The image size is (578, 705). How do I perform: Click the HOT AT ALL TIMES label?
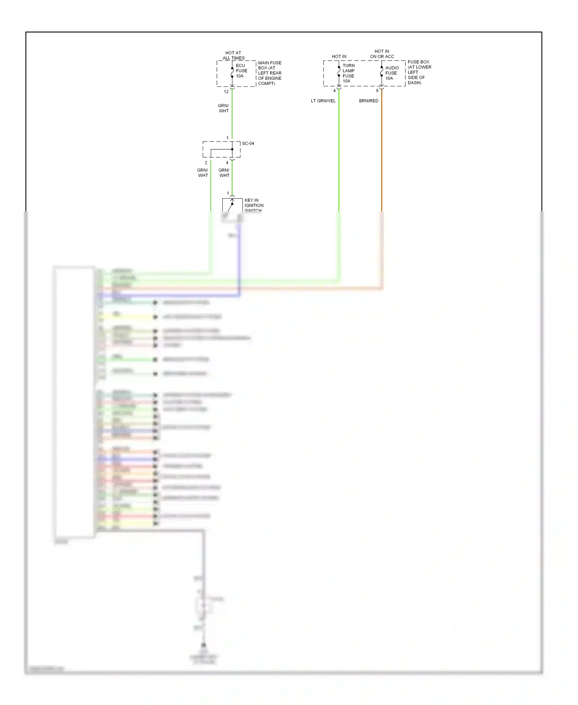(x=233, y=56)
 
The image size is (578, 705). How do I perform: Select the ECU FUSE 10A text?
(x=241, y=71)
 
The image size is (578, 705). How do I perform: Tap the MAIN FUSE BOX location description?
(x=269, y=73)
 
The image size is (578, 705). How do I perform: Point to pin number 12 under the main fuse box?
(x=226, y=92)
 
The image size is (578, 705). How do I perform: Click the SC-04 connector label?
(x=248, y=143)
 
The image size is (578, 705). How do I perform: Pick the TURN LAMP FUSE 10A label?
(x=348, y=73)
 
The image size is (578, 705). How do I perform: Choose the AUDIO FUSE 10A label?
(x=391, y=73)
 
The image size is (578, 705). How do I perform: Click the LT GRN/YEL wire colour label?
(x=323, y=101)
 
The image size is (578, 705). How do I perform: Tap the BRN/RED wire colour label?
(x=368, y=101)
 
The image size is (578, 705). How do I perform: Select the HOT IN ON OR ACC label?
(x=382, y=54)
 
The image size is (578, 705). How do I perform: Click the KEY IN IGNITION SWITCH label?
(x=254, y=205)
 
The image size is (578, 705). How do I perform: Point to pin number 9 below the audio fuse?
(x=377, y=91)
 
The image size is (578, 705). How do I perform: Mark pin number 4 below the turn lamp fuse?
(x=334, y=91)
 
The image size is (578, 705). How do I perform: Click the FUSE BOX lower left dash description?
(x=419, y=72)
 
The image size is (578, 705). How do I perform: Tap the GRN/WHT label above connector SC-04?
(x=223, y=108)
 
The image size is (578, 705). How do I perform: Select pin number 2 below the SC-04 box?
(x=206, y=163)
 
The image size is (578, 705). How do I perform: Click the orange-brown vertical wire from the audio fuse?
(x=381, y=154)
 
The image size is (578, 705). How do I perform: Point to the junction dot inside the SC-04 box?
(x=232, y=149)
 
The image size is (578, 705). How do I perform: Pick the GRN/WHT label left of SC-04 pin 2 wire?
(x=203, y=173)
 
